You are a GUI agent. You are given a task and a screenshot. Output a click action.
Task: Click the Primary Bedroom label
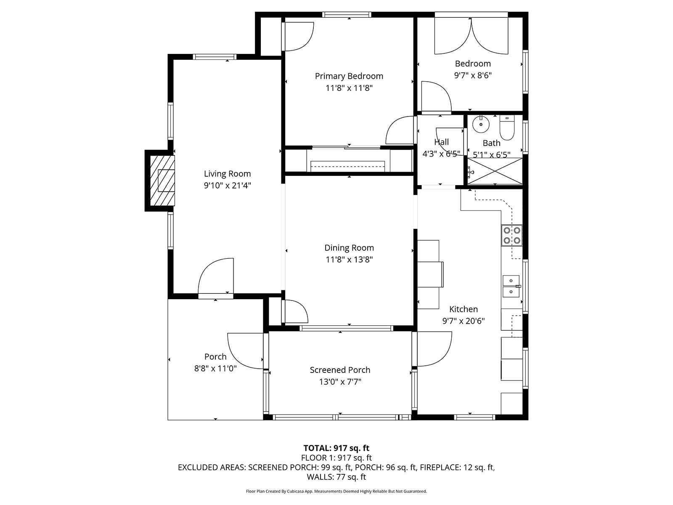(349, 76)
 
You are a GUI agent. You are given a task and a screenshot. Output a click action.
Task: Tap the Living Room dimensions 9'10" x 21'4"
(227, 186)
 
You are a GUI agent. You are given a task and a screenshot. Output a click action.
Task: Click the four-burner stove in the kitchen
(511, 236)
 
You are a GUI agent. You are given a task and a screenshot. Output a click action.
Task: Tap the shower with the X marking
(495, 171)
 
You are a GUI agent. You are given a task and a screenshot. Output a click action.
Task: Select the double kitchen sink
(511, 286)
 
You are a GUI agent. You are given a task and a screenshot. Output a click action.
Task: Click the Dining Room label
(349, 248)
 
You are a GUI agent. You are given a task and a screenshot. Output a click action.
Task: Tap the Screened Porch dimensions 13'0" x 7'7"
(340, 382)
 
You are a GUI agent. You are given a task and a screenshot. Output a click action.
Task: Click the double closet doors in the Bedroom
(471, 36)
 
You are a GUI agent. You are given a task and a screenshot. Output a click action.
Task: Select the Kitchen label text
(463, 309)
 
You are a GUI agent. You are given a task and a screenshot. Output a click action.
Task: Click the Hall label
(441, 142)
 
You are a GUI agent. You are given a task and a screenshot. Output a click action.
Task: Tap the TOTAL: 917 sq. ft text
(336, 448)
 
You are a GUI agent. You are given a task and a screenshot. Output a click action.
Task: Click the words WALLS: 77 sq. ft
(336, 477)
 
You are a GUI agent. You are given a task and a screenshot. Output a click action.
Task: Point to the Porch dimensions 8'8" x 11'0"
(215, 369)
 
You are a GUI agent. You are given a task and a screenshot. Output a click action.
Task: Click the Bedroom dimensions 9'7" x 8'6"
(473, 76)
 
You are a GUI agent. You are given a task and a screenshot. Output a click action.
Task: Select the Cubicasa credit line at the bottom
(336, 491)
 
